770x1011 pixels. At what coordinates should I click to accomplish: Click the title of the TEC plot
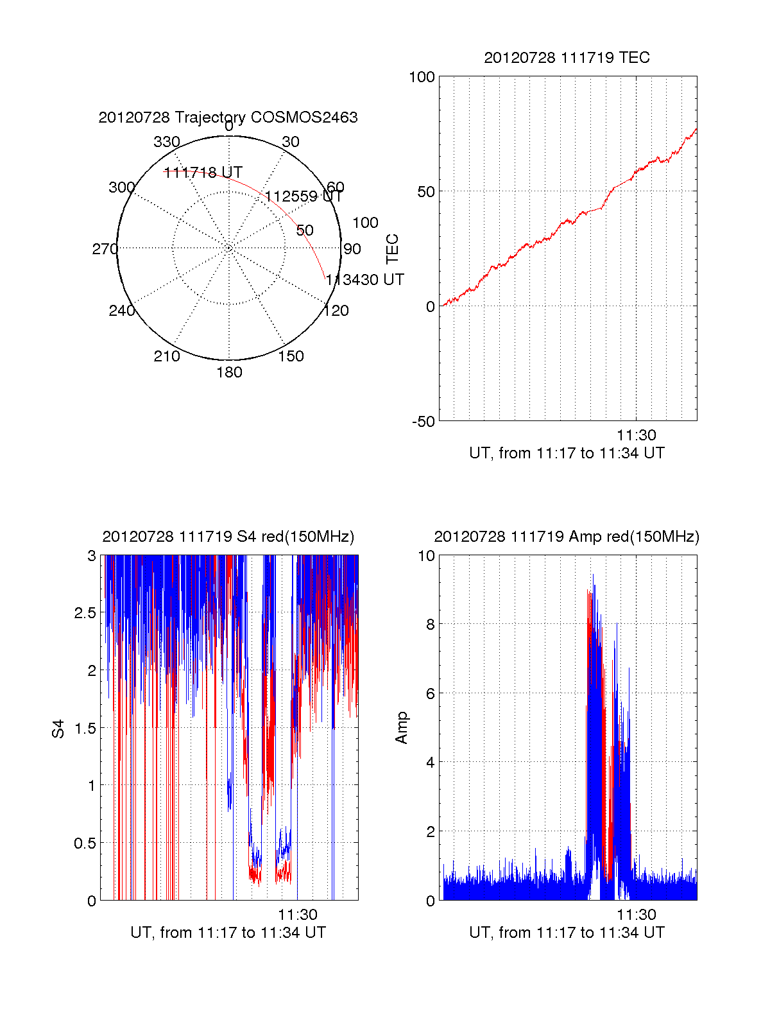click(x=567, y=58)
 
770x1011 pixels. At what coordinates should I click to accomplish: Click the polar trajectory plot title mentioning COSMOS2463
click(x=228, y=117)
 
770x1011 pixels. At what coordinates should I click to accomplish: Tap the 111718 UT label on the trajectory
click(x=203, y=173)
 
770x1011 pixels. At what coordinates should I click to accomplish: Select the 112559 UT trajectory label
click(x=304, y=196)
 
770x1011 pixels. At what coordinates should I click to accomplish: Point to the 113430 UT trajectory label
click(x=364, y=280)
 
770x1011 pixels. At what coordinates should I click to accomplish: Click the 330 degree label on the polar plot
click(x=166, y=142)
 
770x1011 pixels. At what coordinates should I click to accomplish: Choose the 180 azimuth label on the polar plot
click(x=229, y=372)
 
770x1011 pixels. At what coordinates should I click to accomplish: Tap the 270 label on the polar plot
click(x=105, y=249)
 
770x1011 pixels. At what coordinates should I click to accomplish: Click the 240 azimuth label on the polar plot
click(x=121, y=311)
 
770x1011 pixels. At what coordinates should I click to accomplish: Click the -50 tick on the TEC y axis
click(x=424, y=422)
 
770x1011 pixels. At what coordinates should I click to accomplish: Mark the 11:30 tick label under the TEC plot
click(x=636, y=435)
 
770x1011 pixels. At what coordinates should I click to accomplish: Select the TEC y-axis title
click(x=393, y=249)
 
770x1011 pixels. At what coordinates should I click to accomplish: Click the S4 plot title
click(x=228, y=537)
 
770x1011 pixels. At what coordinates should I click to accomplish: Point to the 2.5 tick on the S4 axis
click(x=85, y=613)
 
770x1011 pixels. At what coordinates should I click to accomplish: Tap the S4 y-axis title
click(x=58, y=729)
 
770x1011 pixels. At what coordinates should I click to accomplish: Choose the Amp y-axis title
click(x=402, y=728)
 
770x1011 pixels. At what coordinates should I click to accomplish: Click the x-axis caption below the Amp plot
click(x=567, y=933)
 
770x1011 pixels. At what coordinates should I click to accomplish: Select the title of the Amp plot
click(x=567, y=537)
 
